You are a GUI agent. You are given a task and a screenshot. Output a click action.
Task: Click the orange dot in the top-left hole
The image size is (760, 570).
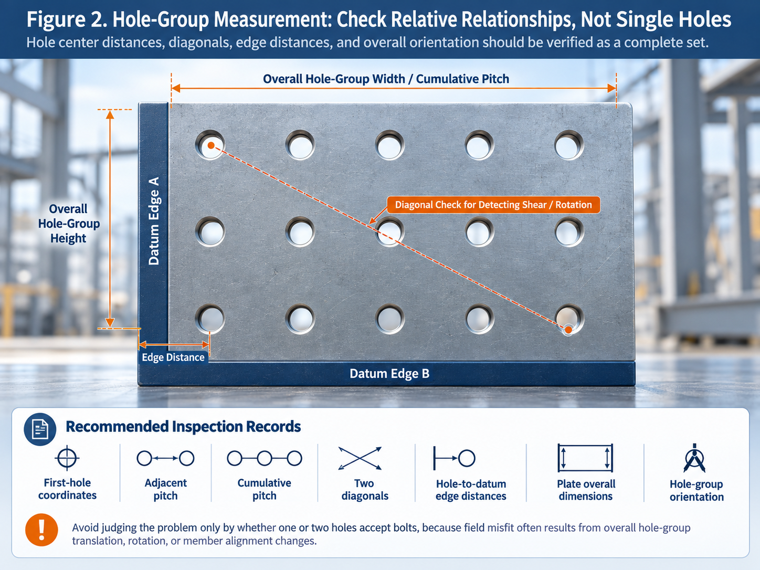pos(211,145)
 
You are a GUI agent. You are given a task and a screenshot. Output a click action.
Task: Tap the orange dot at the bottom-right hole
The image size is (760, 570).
pos(568,330)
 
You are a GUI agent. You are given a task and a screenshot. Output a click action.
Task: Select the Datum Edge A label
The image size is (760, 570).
pos(153,221)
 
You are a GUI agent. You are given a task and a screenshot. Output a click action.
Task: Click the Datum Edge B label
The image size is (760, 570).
pos(389,373)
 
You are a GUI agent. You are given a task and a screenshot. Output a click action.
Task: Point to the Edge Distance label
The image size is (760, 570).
pos(173,357)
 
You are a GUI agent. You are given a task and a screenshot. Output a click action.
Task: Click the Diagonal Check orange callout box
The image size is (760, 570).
pos(493,205)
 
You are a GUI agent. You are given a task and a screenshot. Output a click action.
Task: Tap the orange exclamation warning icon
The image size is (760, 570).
pos(41,530)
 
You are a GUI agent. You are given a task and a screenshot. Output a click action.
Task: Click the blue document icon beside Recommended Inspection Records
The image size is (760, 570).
pos(40,429)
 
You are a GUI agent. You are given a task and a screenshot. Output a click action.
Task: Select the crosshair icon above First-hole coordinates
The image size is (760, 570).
pos(67,458)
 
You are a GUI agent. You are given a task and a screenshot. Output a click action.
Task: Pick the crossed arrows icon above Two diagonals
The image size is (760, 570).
pos(360,458)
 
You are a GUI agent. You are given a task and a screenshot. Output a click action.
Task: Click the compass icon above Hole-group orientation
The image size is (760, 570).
pos(694,458)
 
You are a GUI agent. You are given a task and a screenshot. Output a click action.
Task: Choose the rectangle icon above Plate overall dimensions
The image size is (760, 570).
pos(585,458)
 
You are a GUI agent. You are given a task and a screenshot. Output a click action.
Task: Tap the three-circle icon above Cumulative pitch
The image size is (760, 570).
pos(265,458)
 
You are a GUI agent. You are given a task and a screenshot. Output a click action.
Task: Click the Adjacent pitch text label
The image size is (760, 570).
pos(165,489)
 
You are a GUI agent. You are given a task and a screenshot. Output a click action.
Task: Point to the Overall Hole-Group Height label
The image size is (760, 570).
pos(69,224)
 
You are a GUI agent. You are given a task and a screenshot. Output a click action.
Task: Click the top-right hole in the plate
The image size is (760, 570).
pos(569,145)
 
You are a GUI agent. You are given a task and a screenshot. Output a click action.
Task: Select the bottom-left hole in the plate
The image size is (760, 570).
pos(210,319)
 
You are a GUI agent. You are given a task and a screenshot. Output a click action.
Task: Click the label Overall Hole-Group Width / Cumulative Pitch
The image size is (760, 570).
pos(386,79)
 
